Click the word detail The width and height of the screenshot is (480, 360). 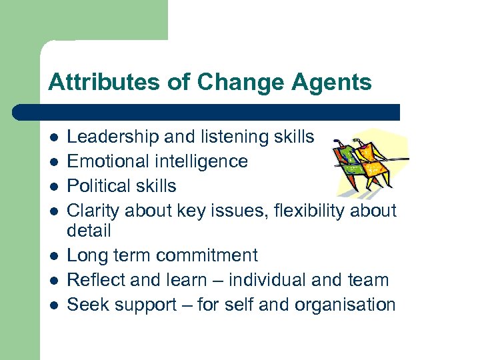tap(89, 231)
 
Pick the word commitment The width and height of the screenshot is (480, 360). tap(207, 255)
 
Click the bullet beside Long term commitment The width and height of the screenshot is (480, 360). tap(53, 256)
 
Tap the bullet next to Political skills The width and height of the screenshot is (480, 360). tap(53, 187)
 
